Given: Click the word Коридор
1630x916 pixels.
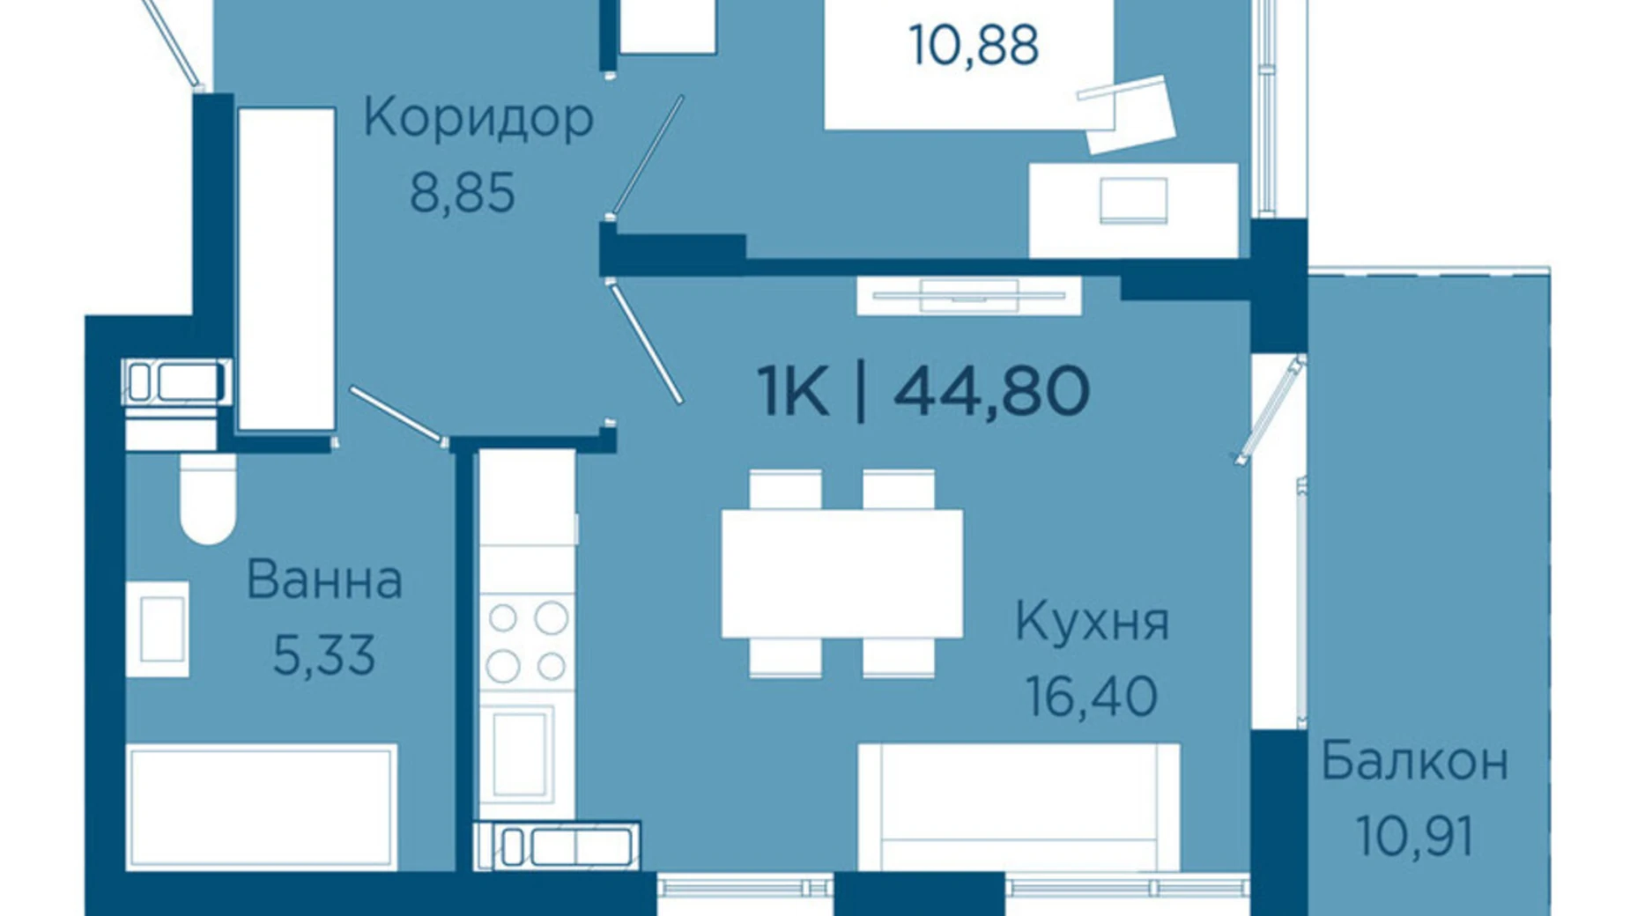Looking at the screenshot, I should [x=478, y=119].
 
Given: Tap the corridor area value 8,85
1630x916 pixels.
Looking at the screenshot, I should [x=463, y=193].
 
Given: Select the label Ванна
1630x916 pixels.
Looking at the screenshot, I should [x=324, y=580].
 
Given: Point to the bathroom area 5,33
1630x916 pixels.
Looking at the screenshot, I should [x=324, y=655].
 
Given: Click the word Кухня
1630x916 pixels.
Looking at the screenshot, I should [x=1092, y=621].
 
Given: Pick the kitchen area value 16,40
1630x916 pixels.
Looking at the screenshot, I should [x=1092, y=697].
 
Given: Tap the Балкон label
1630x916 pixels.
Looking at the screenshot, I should [x=1414, y=762].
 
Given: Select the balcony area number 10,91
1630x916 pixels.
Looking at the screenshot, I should [x=1414, y=835].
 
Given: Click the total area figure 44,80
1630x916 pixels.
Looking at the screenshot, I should [x=992, y=392].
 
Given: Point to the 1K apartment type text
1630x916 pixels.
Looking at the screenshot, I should [x=792, y=392].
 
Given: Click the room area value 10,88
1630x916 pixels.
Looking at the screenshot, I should [x=974, y=45].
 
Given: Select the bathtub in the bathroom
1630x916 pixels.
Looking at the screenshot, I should [x=261, y=807].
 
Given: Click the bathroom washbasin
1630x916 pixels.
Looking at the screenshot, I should [x=158, y=629].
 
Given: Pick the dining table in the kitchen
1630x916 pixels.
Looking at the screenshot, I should [x=841, y=573].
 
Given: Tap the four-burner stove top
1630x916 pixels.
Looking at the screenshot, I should [x=527, y=641].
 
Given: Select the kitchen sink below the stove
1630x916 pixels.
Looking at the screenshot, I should [x=521, y=752].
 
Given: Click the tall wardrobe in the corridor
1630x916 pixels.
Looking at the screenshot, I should [x=286, y=269].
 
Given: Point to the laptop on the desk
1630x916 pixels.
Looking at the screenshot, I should [x=1133, y=201].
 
